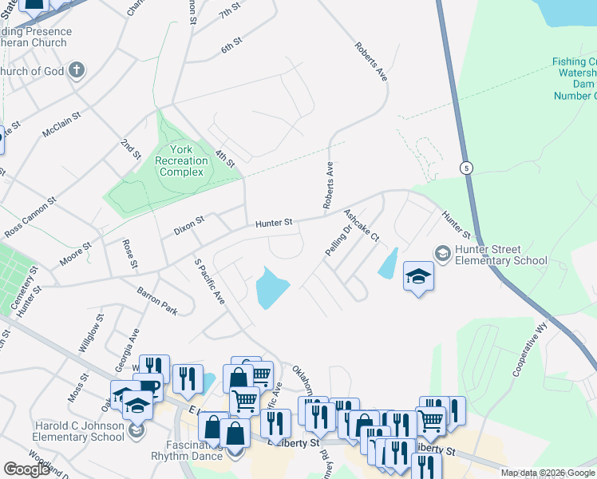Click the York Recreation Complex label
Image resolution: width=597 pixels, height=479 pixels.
tap(182, 160)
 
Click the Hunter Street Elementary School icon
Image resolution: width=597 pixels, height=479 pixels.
tap(441, 253)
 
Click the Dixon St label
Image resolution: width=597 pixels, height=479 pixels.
tap(189, 225)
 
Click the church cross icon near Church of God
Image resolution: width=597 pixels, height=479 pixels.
tap(77, 70)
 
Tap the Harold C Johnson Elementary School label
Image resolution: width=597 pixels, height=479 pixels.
tap(79, 431)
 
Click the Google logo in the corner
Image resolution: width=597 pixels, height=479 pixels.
tap(26, 469)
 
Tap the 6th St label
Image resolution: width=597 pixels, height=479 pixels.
tap(231, 47)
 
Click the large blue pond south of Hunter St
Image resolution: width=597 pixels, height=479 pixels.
tap(271, 288)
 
